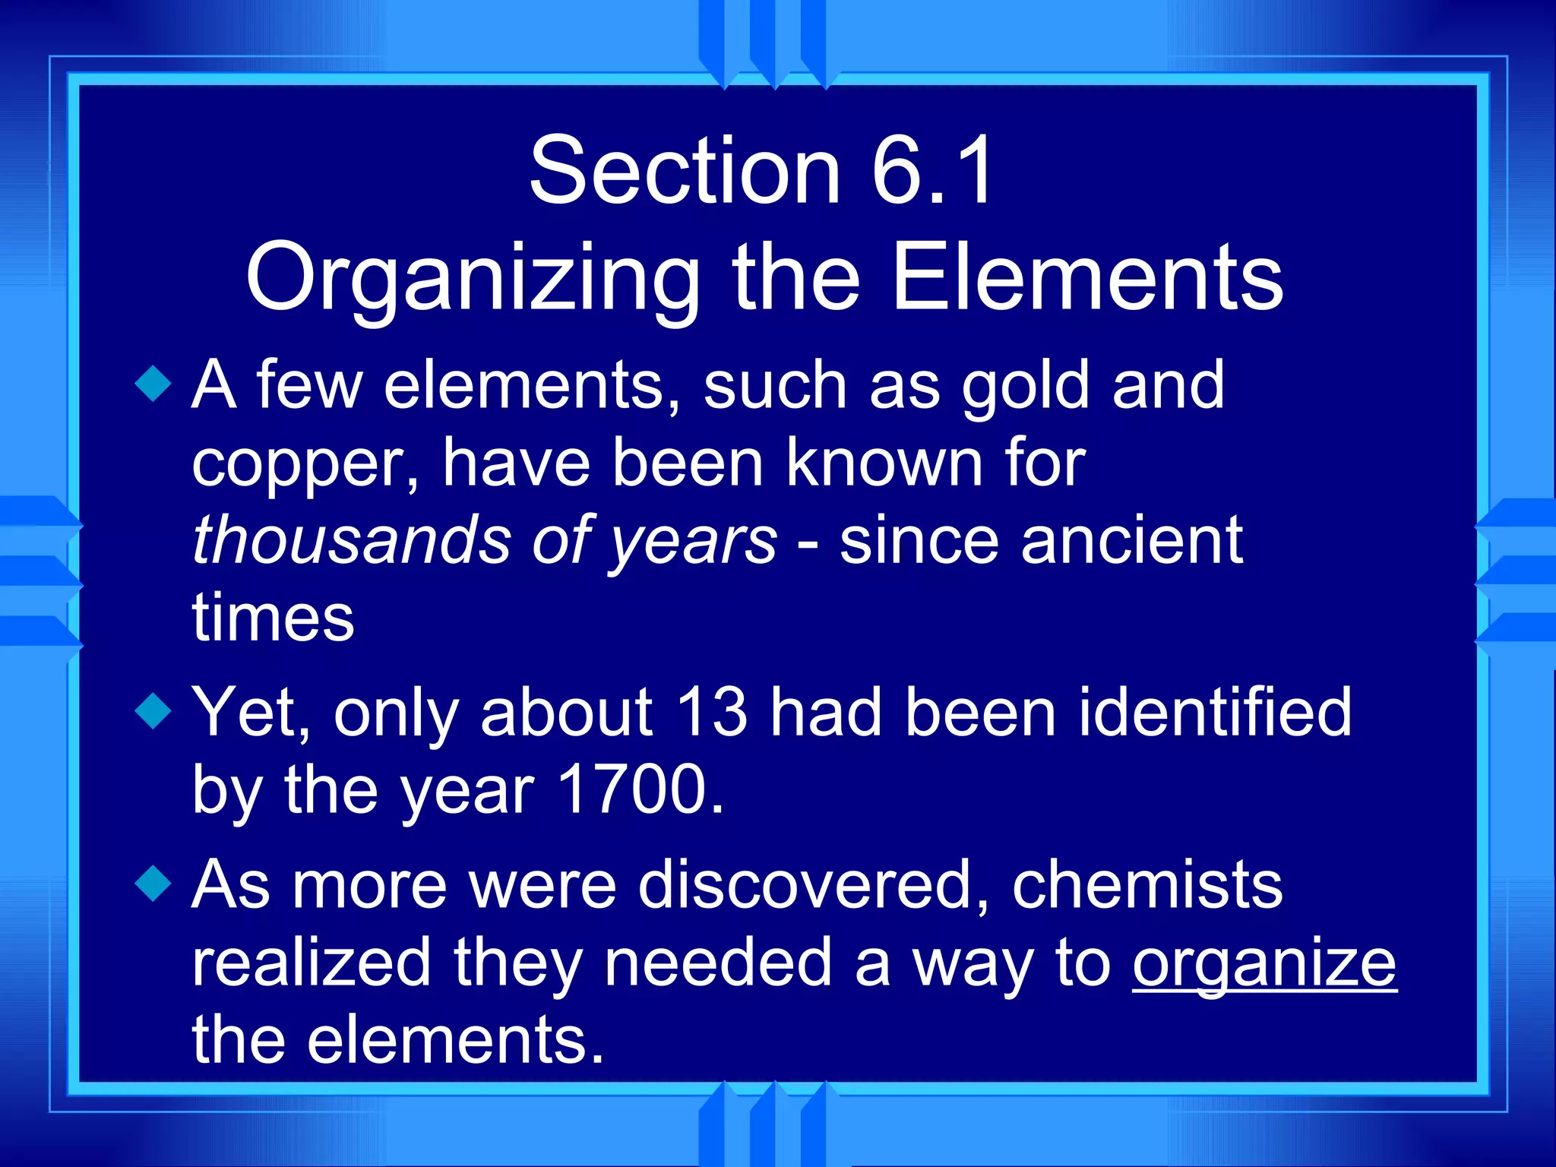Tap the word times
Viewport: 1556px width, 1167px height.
coord(273,617)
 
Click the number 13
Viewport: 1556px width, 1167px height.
coord(711,713)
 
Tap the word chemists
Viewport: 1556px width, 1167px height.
coord(1147,885)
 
